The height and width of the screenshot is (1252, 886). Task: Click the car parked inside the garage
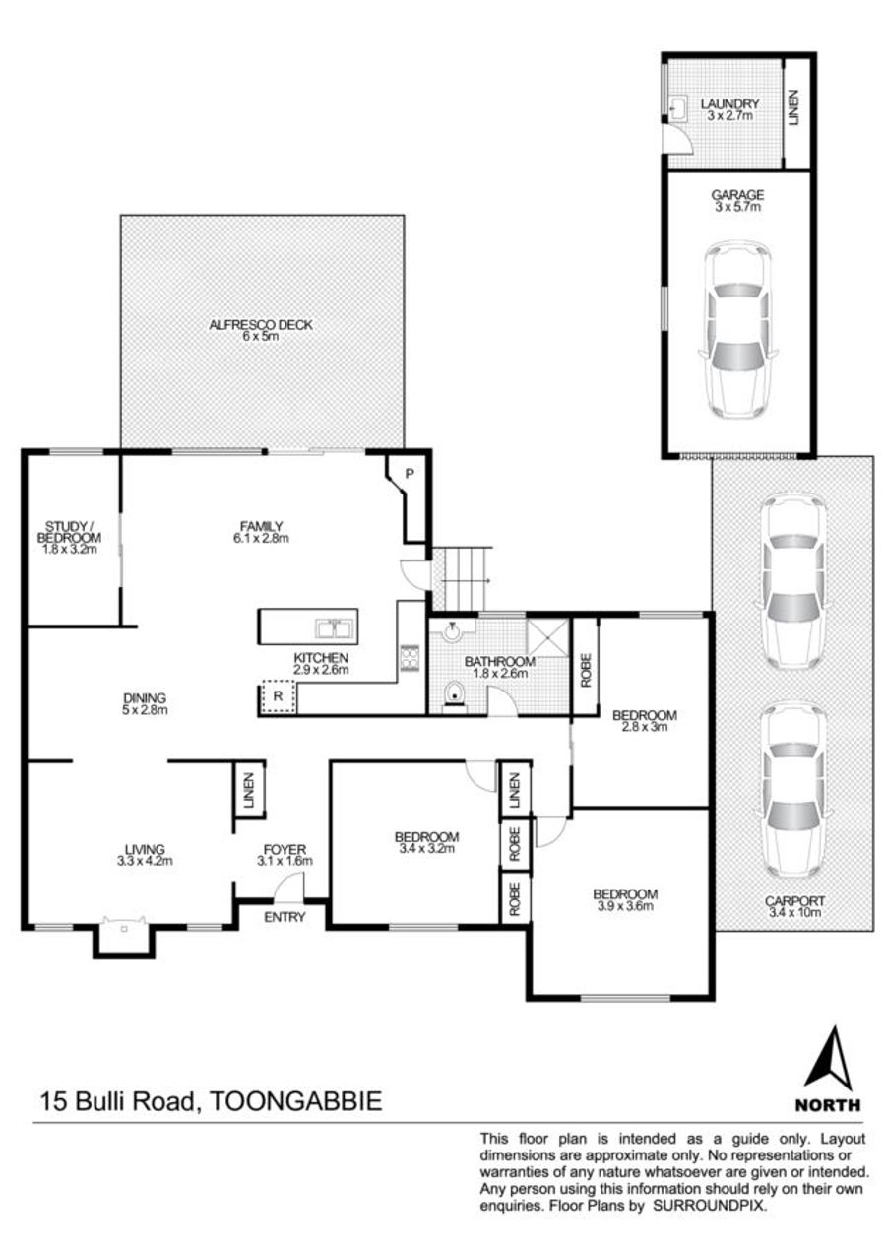[x=737, y=331]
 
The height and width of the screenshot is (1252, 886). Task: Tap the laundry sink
[x=678, y=107]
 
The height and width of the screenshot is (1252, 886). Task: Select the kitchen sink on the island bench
[x=335, y=628]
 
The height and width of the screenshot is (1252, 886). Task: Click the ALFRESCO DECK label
[x=261, y=325]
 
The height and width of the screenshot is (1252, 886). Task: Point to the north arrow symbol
[x=827, y=1059]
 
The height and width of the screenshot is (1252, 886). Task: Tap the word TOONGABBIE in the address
[x=295, y=1101]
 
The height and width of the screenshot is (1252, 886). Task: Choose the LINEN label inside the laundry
[x=793, y=107]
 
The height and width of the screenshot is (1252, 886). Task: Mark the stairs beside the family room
[x=460, y=578]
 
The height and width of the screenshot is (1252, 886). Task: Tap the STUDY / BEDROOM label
[x=69, y=532]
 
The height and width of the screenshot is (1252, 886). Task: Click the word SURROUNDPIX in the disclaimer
[x=709, y=1220]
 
